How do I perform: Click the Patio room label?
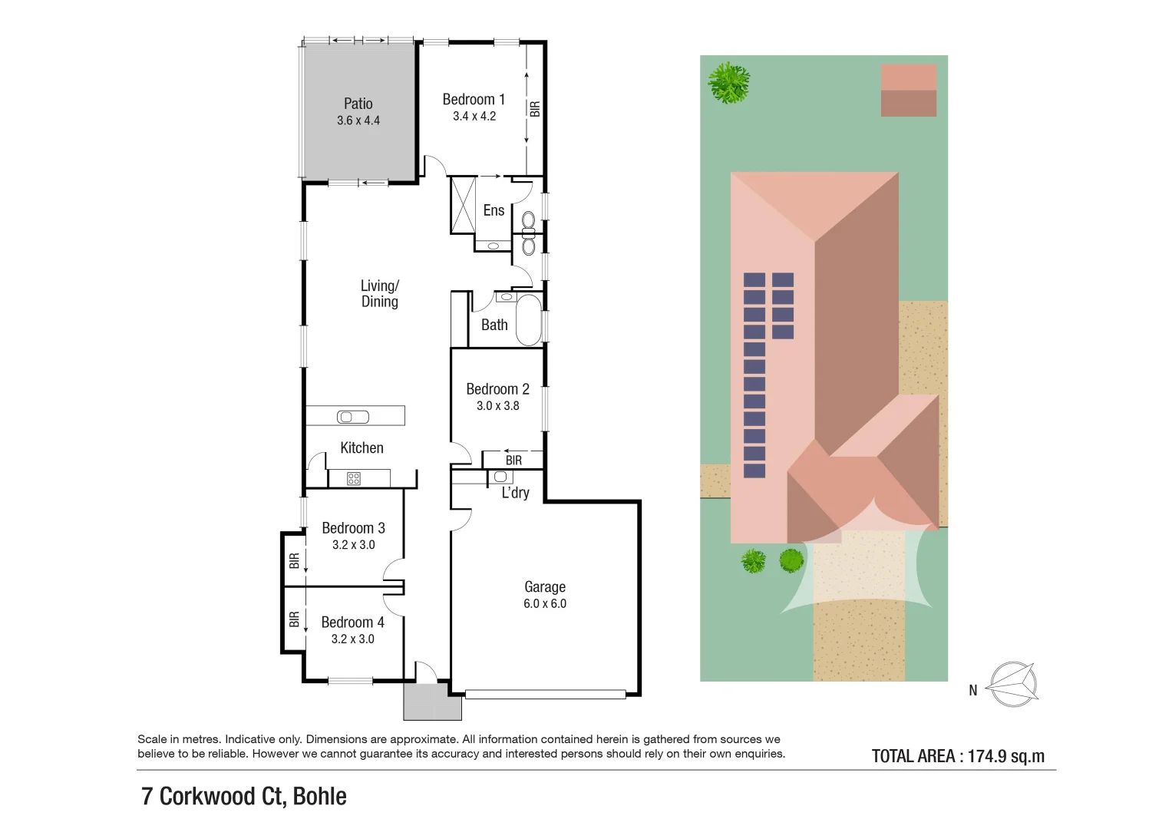pos(358,104)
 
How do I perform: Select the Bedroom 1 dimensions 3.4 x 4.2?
pos(474,117)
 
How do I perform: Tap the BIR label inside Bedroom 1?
pos(535,109)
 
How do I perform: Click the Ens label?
pos(494,210)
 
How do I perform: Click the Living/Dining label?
pos(379,293)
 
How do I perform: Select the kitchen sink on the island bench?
pos(353,417)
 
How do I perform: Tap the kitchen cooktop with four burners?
pos(354,479)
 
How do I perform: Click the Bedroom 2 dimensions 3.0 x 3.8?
pos(497,406)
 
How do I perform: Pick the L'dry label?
pos(515,493)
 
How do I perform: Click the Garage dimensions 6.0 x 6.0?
pos(544,604)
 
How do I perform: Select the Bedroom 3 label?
pos(353,528)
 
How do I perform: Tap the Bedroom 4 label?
pos(352,623)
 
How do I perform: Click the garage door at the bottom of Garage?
pos(545,695)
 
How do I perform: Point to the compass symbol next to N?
pos(1012,684)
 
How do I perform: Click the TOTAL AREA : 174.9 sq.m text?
pos(958,756)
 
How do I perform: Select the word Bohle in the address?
pos(319,797)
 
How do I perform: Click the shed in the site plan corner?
pos(908,91)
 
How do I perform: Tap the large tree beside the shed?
pos(728,83)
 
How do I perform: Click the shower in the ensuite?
pos(463,204)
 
